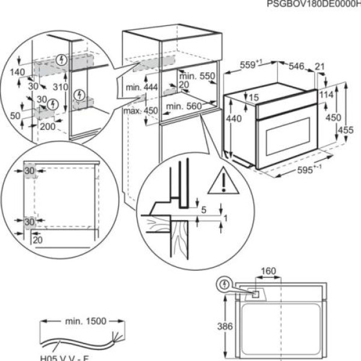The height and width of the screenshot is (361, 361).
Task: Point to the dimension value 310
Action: (59, 87)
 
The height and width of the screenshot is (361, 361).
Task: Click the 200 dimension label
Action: (47, 126)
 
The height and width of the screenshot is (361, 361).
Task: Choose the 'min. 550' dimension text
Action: (197, 76)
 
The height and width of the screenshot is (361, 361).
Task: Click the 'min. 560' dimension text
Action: (183, 106)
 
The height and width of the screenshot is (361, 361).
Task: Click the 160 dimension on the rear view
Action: (270, 271)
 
